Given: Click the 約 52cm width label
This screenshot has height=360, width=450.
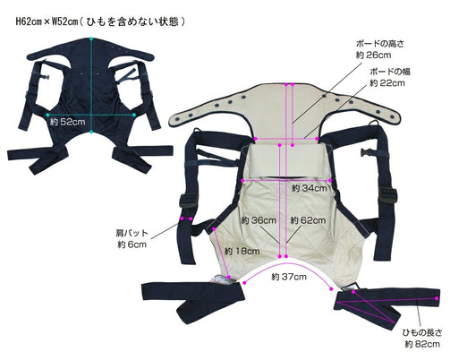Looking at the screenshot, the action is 68,122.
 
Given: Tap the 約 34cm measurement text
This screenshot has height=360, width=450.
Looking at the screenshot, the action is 310,188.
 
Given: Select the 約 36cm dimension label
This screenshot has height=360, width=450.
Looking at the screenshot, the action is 259,220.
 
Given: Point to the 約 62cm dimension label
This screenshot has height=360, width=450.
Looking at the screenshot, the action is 308,220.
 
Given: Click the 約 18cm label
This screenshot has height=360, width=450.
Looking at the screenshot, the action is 242,251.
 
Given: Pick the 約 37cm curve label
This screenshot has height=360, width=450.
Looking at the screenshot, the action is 289,277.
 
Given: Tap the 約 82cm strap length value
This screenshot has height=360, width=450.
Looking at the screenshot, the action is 422,344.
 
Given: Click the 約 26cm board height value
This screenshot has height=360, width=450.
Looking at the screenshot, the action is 373,56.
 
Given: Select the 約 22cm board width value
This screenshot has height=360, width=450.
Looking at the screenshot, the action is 387,83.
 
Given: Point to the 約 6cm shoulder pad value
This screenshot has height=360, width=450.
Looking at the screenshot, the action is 132,244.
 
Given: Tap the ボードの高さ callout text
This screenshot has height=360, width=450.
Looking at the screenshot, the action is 380,44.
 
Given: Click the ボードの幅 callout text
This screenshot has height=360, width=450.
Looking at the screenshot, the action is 390,72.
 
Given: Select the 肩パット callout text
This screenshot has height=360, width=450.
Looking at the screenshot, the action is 132,233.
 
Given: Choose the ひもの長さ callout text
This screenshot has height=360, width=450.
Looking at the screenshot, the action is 422,332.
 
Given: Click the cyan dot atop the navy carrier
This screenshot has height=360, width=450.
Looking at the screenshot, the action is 91,39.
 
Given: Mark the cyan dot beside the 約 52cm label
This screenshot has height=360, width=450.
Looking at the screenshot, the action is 47,115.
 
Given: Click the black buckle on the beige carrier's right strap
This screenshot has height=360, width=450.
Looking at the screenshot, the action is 367,152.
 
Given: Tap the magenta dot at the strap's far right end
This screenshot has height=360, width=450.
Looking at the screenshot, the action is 437,298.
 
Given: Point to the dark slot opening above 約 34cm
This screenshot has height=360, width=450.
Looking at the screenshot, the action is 287,177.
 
